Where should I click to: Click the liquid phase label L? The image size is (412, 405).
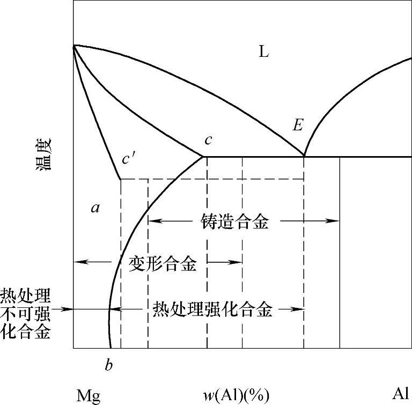(x=263, y=52)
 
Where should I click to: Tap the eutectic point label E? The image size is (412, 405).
(x=298, y=126)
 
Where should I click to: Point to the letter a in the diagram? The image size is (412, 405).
(x=95, y=208)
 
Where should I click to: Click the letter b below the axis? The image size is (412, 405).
(x=109, y=366)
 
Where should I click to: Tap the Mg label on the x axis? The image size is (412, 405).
(x=89, y=395)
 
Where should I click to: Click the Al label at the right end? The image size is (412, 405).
(x=401, y=394)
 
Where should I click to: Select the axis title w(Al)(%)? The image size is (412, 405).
(x=236, y=395)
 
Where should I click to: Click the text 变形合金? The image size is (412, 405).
(x=163, y=263)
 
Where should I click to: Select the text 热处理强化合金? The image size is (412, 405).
(x=212, y=310)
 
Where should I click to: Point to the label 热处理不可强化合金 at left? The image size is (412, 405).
(x=26, y=313)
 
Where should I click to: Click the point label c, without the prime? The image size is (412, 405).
(x=208, y=140)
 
